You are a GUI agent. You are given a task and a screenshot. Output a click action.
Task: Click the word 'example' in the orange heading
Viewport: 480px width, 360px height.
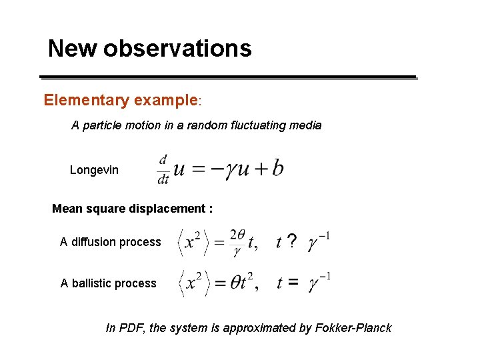click(x=165, y=101)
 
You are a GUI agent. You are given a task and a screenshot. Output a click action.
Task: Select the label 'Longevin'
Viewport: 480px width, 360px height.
click(x=94, y=170)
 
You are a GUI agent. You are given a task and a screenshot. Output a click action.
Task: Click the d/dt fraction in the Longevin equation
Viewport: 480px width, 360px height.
click(x=163, y=169)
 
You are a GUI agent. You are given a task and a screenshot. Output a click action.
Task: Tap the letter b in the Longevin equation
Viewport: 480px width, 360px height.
click(x=277, y=169)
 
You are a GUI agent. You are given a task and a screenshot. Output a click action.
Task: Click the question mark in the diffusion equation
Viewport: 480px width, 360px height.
click(x=291, y=242)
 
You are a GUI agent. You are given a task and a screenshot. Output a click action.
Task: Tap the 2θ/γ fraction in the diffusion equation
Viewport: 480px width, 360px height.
click(x=237, y=242)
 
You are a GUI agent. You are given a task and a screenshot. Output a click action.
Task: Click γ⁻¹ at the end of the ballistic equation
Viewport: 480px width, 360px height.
click(x=319, y=282)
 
